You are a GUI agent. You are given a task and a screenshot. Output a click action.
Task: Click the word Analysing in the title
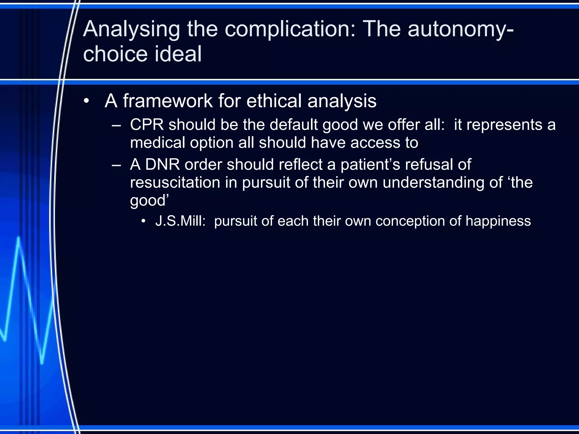point(131,30)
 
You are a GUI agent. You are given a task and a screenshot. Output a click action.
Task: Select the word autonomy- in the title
point(461,30)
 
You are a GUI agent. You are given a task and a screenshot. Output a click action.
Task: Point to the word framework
point(168,101)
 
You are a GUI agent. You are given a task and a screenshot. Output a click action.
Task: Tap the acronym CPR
point(147,125)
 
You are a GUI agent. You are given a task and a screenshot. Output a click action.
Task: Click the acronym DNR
point(163,164)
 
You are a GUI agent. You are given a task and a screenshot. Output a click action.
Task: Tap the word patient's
point(370,164)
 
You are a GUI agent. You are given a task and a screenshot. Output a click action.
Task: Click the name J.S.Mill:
point(180,221)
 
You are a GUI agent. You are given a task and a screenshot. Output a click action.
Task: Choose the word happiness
point(498,221)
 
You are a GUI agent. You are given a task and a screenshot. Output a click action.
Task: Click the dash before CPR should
point(116,125)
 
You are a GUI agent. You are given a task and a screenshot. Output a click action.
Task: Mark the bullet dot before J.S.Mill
point(144,221)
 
